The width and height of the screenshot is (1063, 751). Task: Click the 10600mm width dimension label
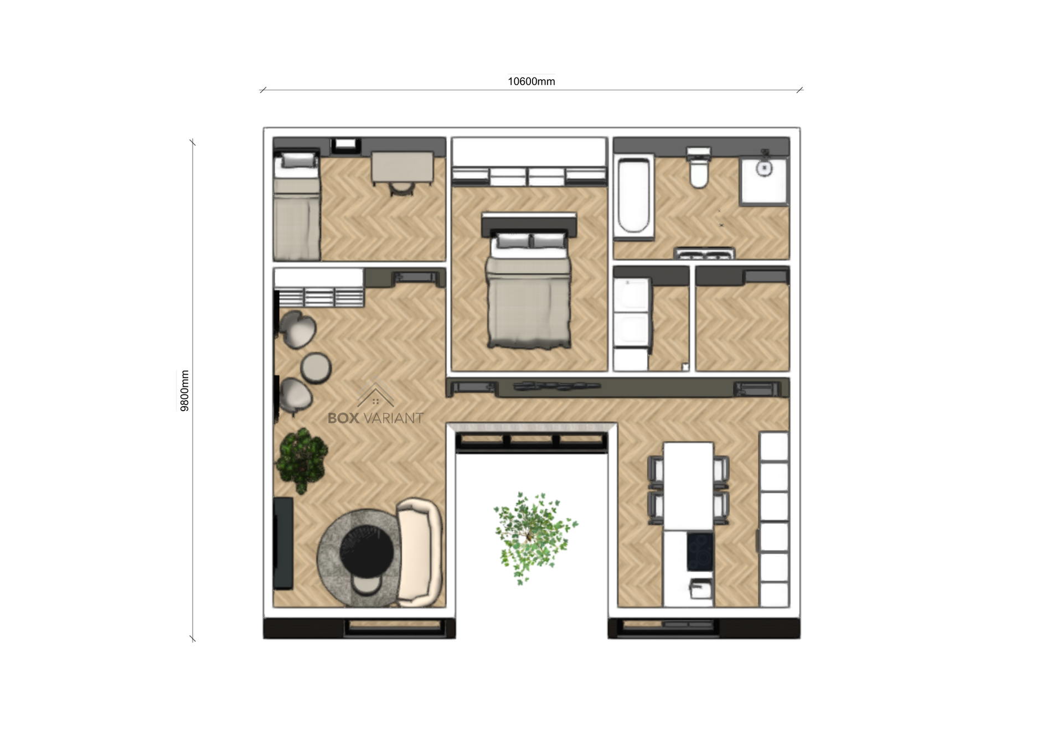(531, 81)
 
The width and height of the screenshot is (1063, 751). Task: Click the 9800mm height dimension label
(185, 391)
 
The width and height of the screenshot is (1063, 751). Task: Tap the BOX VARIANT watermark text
(376, 418)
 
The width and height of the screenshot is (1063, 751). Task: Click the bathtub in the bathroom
(634, 196)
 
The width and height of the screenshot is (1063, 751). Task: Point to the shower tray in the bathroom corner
(765, 181)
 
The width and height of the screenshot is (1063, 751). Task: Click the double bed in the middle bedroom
(529, 282)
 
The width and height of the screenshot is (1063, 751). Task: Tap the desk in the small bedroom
(403, 168)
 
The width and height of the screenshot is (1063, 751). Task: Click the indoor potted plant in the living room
(302, 459)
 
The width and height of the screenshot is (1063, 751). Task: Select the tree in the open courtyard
(534, 536)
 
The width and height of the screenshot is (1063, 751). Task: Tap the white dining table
(688, 486)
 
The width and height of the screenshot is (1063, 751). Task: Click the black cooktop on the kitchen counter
(700, 551)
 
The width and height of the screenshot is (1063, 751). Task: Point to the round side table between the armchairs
(316, 367)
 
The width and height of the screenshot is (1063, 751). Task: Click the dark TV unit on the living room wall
(283, 543)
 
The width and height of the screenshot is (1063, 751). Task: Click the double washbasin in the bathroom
(704, 254)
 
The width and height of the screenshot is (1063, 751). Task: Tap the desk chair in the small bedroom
(400, 189)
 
